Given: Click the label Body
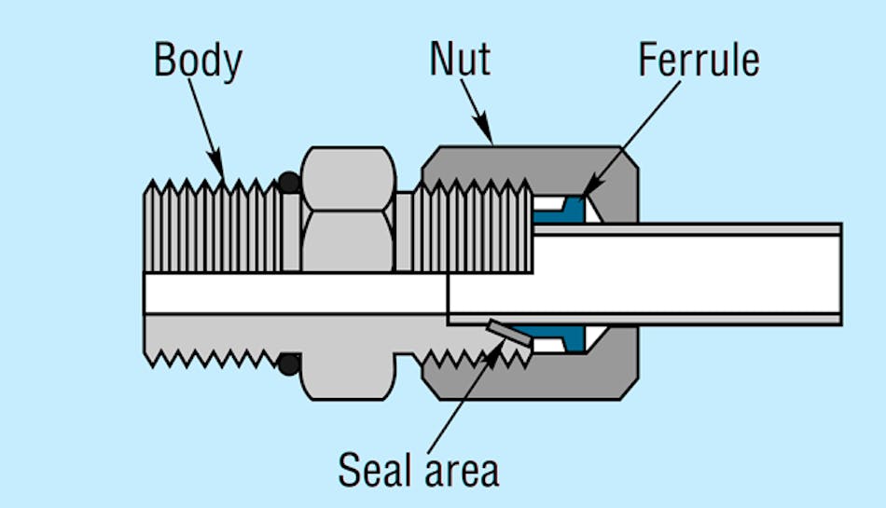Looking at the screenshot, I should click(198, 61).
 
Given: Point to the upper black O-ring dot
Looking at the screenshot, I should click(289, 181).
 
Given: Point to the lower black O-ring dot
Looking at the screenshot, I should click(289, 364).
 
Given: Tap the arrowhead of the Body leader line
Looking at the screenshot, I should click(222, 177).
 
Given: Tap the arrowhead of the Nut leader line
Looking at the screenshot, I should click(490, 140).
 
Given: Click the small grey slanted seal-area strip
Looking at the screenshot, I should click(508, 333).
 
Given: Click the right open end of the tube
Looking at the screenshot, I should click(839, 274).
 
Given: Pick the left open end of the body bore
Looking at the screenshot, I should click(146, 293).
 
